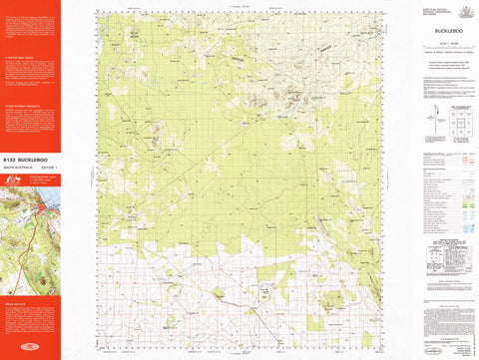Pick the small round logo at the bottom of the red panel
click(x=30, y=351)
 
